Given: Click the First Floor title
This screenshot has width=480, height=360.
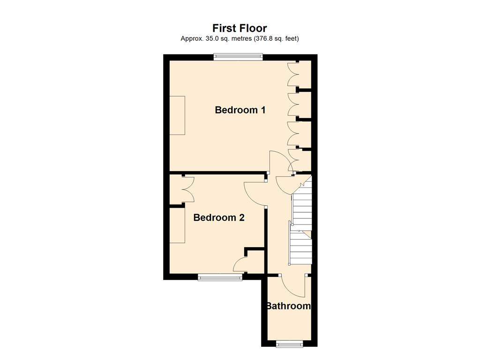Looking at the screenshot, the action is coord(240,28).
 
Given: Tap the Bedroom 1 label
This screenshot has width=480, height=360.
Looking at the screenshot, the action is coord(240,110).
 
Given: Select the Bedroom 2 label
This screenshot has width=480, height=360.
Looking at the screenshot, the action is coord(219,217).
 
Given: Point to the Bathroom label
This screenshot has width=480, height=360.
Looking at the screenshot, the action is coord(288,306).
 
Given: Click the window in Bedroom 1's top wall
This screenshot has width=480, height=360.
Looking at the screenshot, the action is coord(238,57).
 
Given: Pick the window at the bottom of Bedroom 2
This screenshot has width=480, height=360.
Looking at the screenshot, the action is coord(220,277).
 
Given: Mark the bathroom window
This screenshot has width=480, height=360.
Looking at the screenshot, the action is coord(290,344).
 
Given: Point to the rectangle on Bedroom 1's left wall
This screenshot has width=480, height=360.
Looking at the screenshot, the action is coord(177,115).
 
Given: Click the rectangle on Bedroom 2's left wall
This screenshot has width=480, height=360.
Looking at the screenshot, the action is coord(177,225).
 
